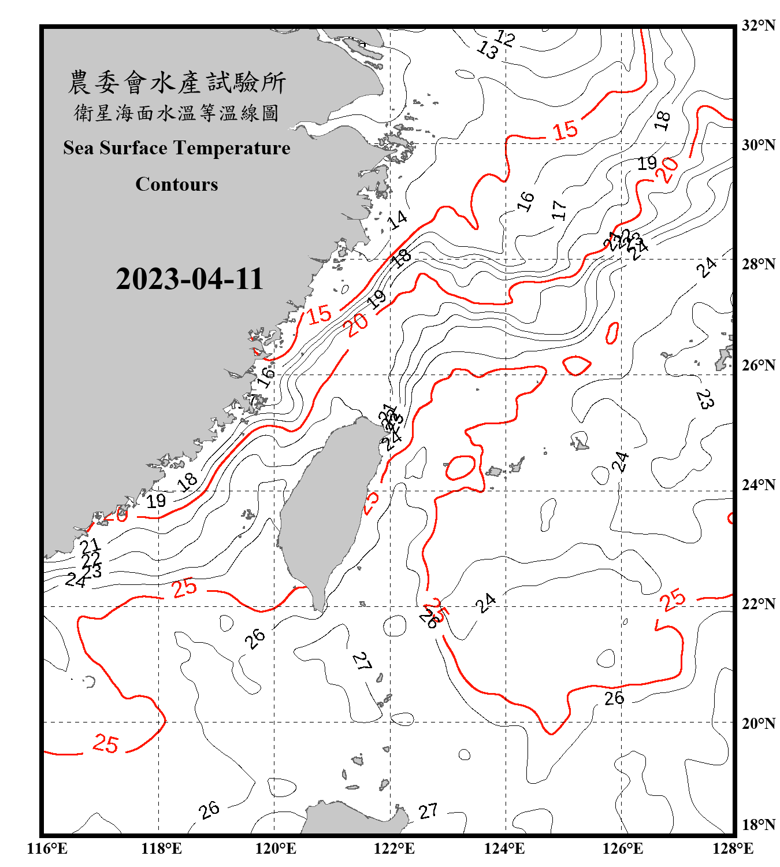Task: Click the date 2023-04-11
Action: [x=190, y=279]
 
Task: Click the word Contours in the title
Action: [x=177, y=184]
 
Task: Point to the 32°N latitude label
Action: [x=758, y=25]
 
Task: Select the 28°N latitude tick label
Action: [x=758, y=264]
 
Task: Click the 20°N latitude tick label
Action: [x=758, y=723]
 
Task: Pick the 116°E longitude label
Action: [x=47, y=849]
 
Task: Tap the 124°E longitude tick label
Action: [x=504, y=849]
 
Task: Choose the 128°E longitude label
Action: [x=733, y=849]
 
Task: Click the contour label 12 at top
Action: [x=504, y=38]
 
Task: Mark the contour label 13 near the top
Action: [x=487, y=51]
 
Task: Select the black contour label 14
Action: [x=397, y=220]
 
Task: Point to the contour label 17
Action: [x=558, y=210]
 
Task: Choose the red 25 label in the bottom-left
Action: [x=106, y=743]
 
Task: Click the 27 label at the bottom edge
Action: [x=428, y=812]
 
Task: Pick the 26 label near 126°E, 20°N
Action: [x=614, y=698]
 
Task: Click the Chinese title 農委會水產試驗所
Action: [x=177, y=83]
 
